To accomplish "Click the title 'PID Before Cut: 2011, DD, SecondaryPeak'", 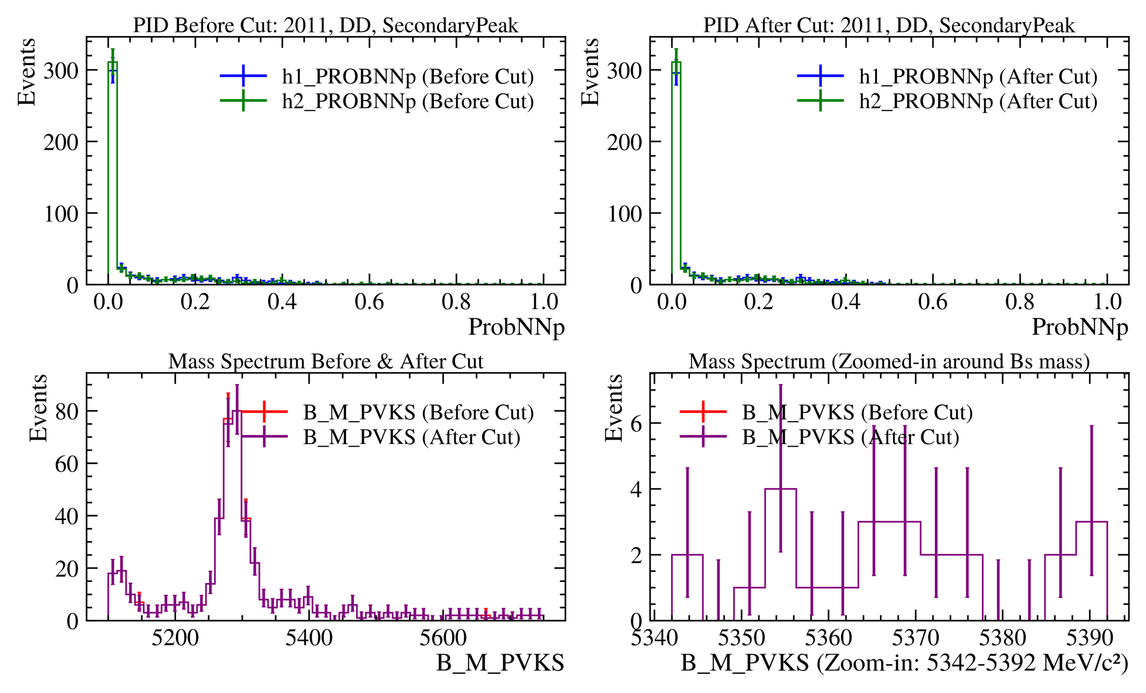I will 326,25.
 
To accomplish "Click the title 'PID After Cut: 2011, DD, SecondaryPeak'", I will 889,25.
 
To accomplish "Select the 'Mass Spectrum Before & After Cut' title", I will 326,361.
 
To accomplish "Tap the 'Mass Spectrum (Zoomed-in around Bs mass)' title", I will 889,361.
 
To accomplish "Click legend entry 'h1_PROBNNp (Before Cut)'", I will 408,76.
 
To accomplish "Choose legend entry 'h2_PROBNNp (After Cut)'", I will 978,101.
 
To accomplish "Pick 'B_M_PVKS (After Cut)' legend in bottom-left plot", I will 411,437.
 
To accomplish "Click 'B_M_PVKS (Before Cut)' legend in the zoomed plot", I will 857,412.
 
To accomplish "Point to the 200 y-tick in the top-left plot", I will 61,142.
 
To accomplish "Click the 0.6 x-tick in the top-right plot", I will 932,302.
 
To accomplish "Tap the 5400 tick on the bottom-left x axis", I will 309,638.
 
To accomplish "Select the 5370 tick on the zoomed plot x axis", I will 915,638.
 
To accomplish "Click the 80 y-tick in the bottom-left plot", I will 67,411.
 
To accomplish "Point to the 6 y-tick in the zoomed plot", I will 636,424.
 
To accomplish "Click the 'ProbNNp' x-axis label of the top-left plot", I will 516,327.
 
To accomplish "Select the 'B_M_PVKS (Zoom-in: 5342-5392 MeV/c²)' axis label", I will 904,663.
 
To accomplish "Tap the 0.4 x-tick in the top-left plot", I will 282,302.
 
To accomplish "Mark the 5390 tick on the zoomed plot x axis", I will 1089,638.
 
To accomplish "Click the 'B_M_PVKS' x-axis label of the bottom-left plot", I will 500,663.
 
